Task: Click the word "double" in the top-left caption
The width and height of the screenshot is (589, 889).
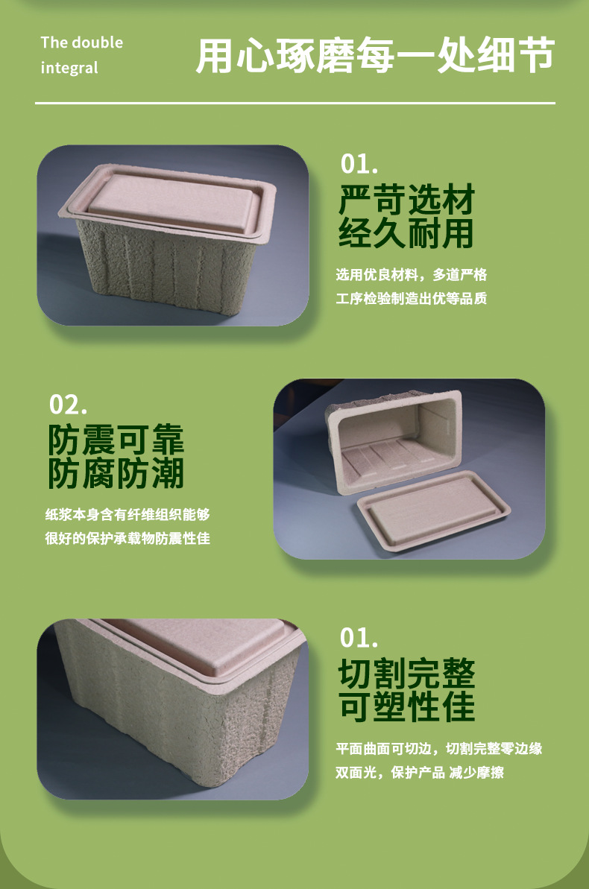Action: point(97,42)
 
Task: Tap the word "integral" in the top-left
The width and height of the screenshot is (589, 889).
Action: point(69,68)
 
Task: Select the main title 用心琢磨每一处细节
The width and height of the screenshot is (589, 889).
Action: point(374,56)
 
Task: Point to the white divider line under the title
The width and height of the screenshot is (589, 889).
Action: point(295,103)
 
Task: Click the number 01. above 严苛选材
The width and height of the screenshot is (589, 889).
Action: point(359,164)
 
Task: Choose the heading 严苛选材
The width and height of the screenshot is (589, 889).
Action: point(406,200)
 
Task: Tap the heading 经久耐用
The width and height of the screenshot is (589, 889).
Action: point(406,233)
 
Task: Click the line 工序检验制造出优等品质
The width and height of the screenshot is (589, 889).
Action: point(412,299)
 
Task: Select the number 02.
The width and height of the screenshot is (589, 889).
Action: point(68,405)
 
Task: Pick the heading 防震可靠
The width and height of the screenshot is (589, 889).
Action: point(116,440)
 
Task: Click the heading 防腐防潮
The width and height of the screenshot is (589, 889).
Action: point(116,473)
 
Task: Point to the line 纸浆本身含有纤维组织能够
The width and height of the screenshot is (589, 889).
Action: point(127,515)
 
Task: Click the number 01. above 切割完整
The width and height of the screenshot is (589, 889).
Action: point(359,638)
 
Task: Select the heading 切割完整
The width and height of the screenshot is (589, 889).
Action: point(406,673)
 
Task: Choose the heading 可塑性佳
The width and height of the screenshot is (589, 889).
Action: point(406,706)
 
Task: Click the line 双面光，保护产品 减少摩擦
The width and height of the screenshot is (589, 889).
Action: point(419,773)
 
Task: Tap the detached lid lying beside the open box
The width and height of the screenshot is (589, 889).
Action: point(434,509)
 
